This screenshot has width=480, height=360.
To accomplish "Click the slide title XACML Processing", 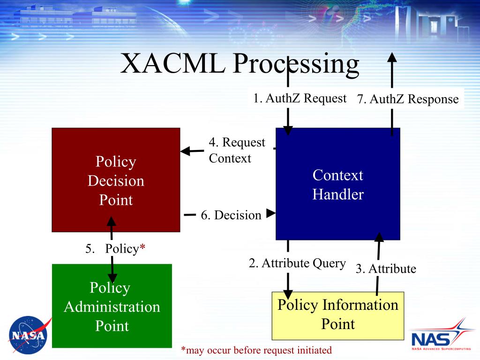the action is [x=240, y=64].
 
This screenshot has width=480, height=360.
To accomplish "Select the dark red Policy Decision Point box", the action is [x=116, y=180].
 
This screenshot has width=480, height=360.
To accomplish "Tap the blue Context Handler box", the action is [x=337, y=184].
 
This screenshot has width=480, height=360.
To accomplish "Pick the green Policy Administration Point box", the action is [x=112, y=306].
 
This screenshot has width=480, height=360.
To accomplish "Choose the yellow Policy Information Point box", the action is [x=337, y=315].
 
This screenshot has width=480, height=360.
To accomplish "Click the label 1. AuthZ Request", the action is [x=300, y=98].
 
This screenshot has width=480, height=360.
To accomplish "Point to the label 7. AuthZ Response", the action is [x=407, y=99].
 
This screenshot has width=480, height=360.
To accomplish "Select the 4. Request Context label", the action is [x=237, y=150].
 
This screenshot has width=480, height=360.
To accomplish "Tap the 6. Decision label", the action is [x=231, y=215].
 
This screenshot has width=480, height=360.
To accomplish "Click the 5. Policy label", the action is [x=114, y=248].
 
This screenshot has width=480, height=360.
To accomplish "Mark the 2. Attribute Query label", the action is [x=297, y=263].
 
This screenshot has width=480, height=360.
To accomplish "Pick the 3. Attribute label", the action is [x=385, y=269].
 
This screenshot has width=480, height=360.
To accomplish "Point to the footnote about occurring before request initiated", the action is [x=256, y=350].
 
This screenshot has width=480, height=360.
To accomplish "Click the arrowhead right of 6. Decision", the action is [x=270, y=213].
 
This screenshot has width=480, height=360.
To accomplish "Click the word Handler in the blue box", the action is [x=337, y=194].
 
